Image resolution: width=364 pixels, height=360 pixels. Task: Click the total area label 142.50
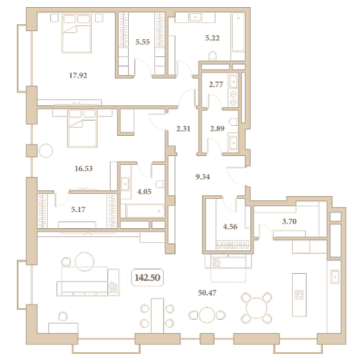(x=147, y=278)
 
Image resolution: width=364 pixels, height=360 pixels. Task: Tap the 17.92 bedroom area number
(x=78, y=75)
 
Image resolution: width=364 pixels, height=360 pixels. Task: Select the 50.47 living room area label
(x=207, y=293)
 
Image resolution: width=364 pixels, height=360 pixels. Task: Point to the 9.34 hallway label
(x=203, y=177)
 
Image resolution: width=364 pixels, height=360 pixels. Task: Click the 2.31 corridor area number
(x=183, y=129)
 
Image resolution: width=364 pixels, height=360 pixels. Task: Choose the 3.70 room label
(x=289, y=221)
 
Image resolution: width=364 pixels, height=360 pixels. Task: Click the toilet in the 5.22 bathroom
(x=213, y=56)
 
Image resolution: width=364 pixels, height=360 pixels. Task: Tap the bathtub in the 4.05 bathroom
(x=145, y=211)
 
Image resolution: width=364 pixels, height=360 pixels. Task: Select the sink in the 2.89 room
(x=233, y=143)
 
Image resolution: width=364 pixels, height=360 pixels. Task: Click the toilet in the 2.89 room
(x=233, y=121)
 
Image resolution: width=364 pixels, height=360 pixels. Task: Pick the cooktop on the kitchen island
(x=299, y=295)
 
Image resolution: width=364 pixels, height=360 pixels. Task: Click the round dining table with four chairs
(x=257, y=308)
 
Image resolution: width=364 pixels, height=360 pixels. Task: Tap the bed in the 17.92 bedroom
(x=77, y=33)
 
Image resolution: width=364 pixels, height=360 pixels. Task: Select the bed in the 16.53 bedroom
(x=82, y=128)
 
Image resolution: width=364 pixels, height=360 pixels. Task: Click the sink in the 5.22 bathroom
(x=195, y=17)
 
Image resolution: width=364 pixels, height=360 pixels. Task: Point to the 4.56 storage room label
(x=230, y=226)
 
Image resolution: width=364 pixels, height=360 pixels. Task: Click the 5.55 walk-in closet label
(x=142, y=42)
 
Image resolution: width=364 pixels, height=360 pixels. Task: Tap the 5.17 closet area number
(x=78, y=209)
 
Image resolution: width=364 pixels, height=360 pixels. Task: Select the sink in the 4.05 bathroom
(x=126, y=184)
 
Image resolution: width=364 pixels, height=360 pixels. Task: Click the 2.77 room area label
(x=216, y=84)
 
